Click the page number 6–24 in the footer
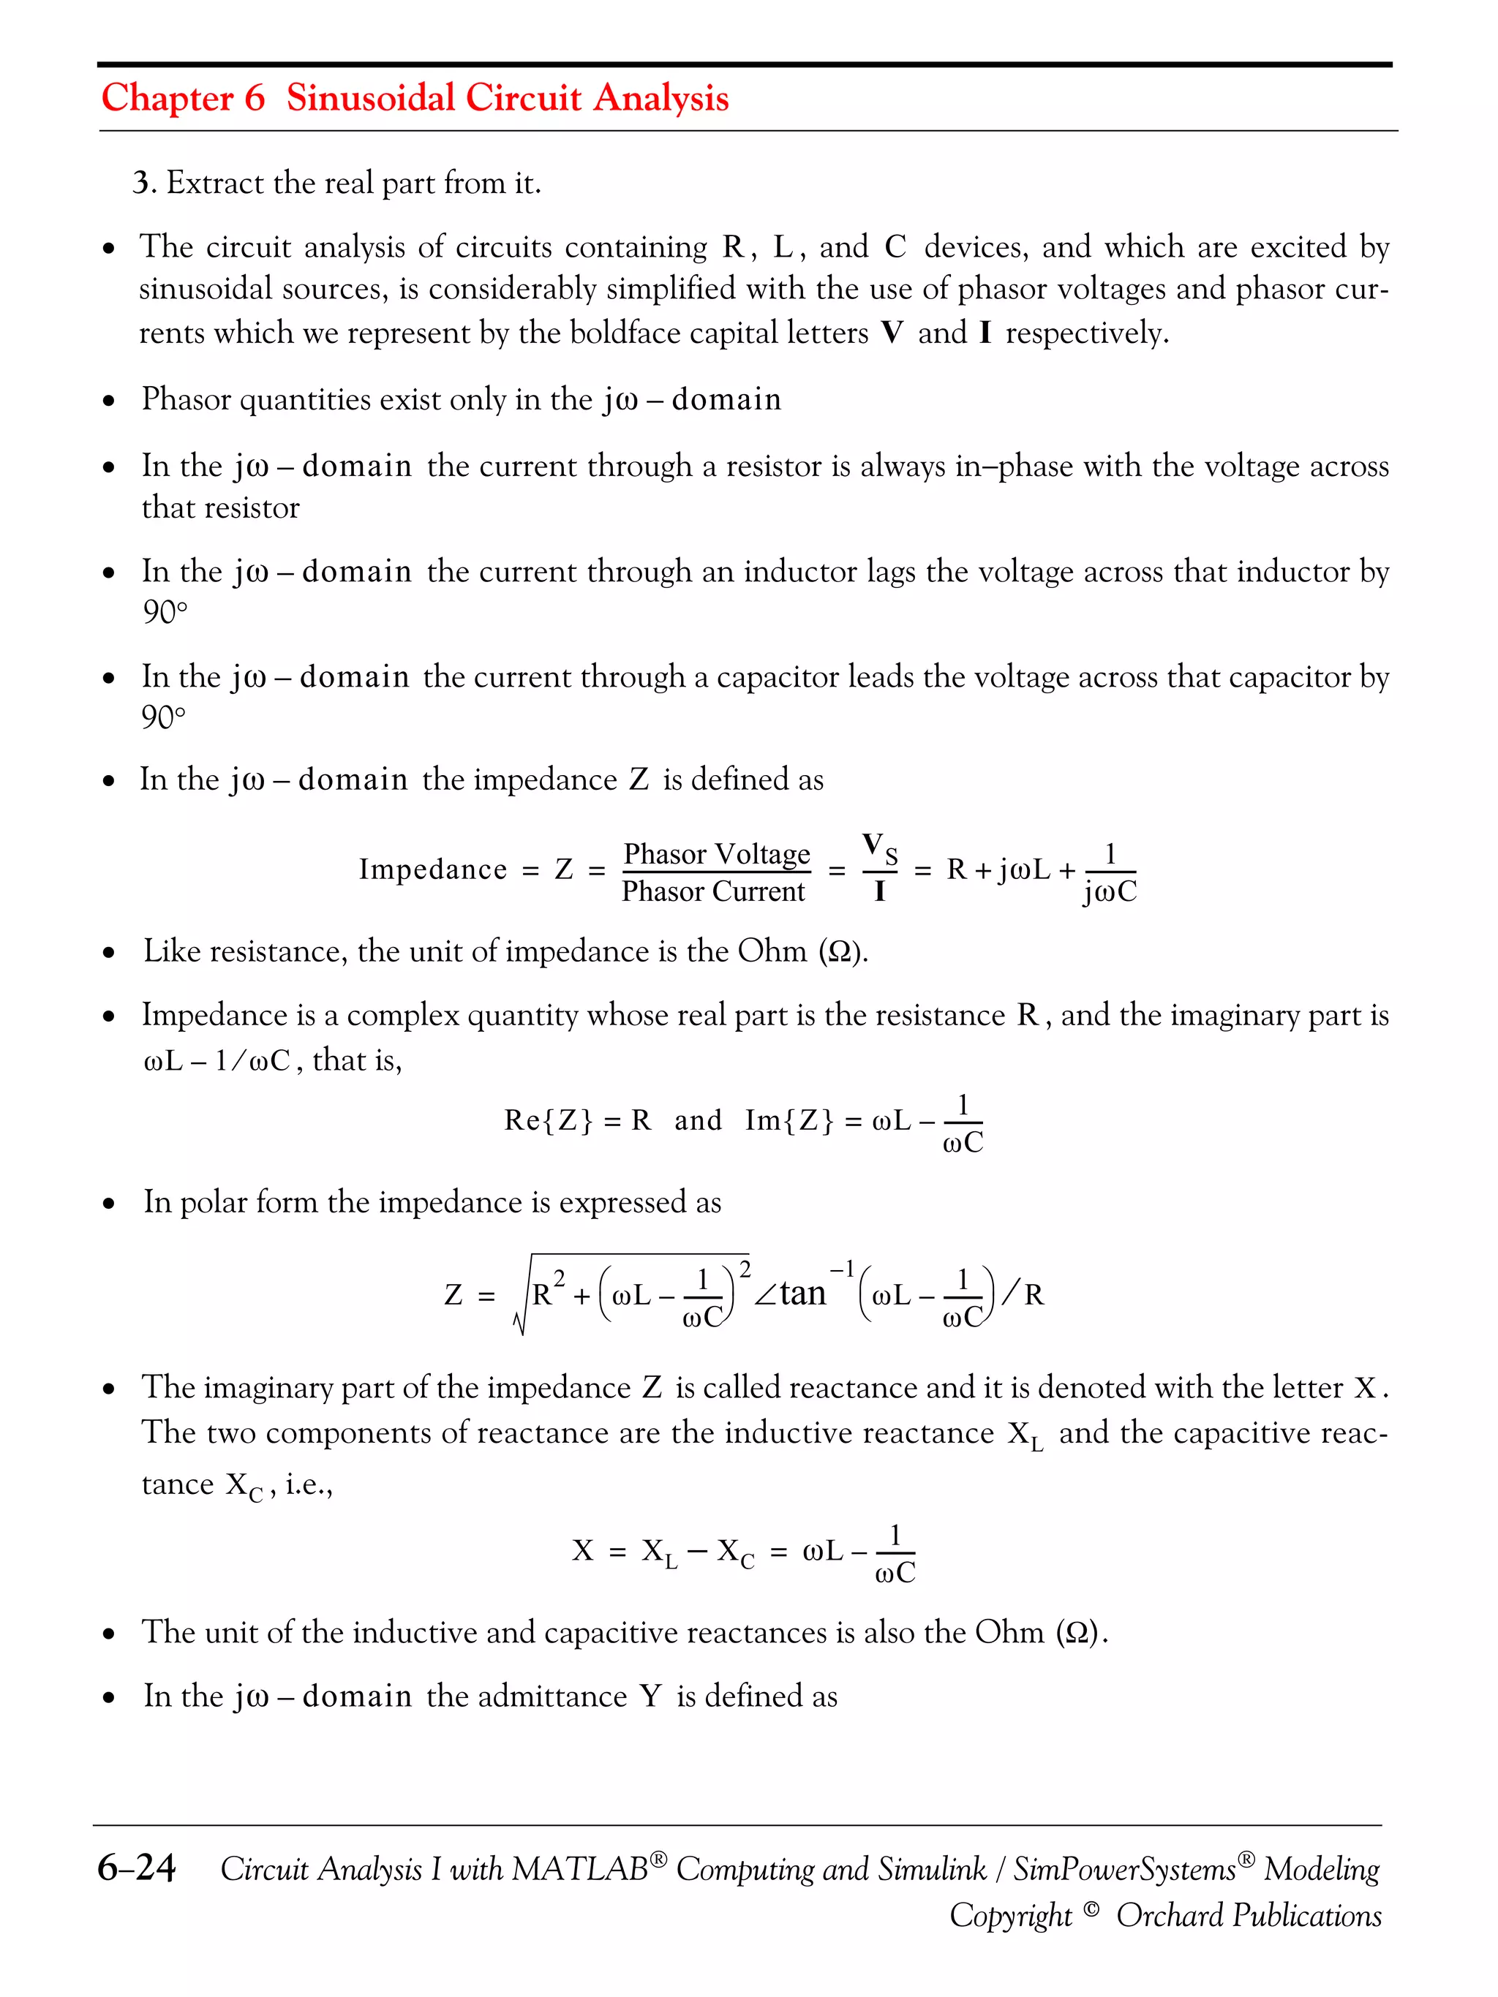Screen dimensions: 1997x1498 coord(136,1868)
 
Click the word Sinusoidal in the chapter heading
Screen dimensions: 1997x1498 coord(370,97)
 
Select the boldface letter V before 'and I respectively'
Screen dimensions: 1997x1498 coord(892,333)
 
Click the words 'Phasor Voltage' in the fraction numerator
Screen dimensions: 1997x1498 coord(716,853)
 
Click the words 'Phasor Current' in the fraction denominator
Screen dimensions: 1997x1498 coord(712,892)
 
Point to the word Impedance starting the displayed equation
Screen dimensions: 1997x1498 coord(432,869)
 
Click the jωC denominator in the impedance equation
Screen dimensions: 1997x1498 coord(1110,893)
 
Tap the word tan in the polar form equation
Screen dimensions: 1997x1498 coord(802,1293)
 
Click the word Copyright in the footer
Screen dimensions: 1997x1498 coord(1010,1916)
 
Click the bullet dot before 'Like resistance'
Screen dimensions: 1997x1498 coord(109,953)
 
